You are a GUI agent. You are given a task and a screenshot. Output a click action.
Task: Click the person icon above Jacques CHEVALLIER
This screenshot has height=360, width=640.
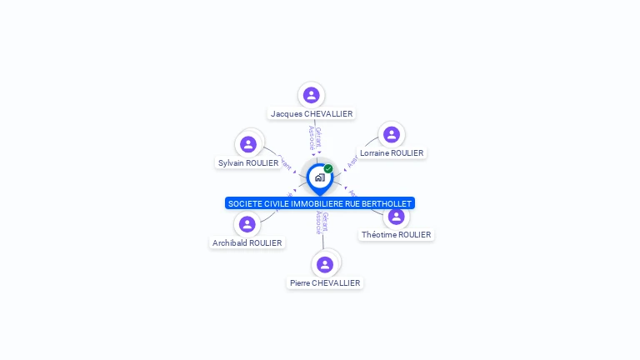312,95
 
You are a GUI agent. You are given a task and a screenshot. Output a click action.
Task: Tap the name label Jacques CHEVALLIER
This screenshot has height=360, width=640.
312,113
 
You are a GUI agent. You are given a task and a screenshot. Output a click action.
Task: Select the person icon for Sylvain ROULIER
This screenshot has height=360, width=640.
248,144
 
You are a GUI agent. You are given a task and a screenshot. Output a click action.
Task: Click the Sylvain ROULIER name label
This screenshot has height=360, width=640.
248,162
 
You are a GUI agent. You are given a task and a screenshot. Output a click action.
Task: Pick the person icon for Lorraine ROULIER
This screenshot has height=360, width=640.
392,134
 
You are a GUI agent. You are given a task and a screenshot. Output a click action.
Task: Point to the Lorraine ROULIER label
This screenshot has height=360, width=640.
392,153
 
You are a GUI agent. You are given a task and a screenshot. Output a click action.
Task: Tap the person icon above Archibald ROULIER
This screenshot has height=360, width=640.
247,224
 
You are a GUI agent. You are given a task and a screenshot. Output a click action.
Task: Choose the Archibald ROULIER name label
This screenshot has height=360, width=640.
247,243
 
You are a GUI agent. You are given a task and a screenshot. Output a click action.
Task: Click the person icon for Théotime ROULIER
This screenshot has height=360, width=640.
397,217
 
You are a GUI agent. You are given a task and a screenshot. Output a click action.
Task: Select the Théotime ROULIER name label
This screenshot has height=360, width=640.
397,235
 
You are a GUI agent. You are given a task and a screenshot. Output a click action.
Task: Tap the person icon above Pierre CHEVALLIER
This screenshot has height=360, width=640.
325,264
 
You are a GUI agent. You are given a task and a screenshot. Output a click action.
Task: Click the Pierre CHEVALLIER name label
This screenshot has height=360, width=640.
325,283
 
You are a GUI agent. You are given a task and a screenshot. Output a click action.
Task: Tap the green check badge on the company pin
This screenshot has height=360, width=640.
328,169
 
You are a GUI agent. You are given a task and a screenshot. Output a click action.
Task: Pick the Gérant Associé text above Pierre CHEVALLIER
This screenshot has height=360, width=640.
321,222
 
